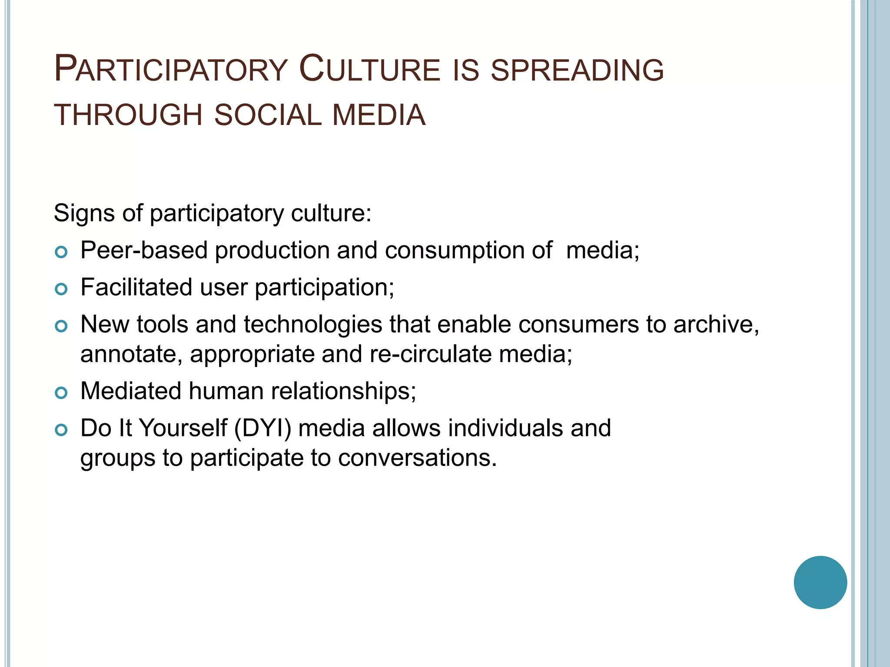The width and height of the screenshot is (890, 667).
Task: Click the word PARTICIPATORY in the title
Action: (170, 69)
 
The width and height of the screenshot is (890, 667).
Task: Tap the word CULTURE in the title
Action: (370, 69)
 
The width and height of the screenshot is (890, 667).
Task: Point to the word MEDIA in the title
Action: (379, 116)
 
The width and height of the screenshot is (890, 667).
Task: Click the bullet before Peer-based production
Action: (62, 252)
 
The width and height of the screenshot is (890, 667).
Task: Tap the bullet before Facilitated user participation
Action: (62, 289)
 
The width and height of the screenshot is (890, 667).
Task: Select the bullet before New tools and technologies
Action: (62, 326)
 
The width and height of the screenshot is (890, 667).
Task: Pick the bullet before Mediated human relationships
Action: (62, 393)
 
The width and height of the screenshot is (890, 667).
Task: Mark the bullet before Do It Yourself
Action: (62, 429)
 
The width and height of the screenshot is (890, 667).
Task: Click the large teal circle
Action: (820, 582)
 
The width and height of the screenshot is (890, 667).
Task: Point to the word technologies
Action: (313, 325)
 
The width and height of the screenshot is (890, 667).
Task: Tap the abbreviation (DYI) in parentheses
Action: (262, 429)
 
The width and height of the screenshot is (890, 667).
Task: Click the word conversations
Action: (417, 458)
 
